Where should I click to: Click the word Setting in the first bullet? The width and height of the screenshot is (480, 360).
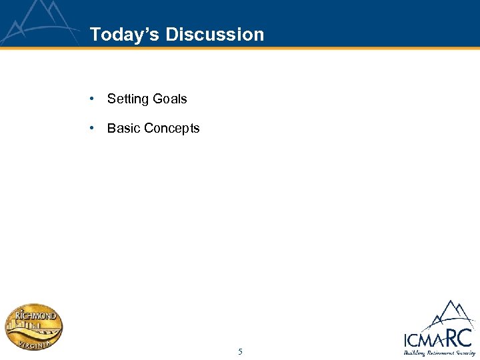[127, 99]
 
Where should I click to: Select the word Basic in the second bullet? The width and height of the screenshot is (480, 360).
[123, 128]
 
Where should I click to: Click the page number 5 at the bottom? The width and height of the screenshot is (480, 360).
[240, 351]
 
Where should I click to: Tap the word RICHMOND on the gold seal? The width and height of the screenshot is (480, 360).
[37, 314]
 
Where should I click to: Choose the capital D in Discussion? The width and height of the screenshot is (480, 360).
[172, 35]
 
